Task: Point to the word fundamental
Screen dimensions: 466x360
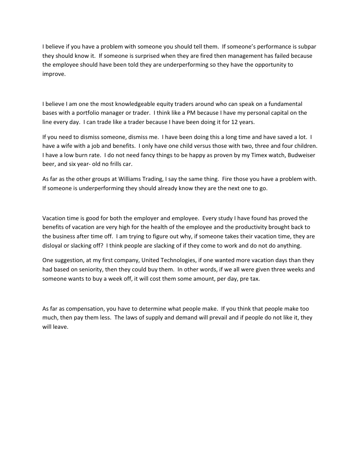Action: click(x=287, y=104)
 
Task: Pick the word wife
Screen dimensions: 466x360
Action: click(x=64, y=147)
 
